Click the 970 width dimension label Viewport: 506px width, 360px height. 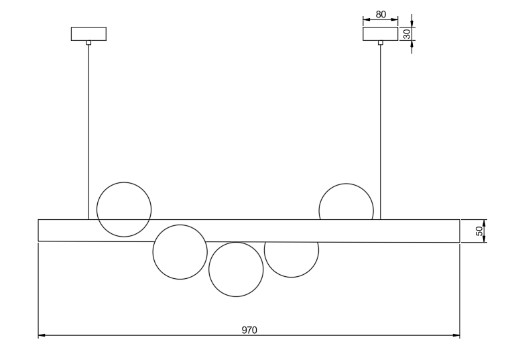click(249, 330)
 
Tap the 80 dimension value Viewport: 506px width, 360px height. click(381, 14)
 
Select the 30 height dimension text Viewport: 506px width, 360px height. click(406, 34)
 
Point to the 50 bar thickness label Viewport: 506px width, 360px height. click(479, 231)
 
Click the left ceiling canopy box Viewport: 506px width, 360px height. click(88, 34)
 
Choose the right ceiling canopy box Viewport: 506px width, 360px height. click(381, 34)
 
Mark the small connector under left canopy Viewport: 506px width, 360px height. click(88, 43)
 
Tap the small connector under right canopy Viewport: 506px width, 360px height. click(381, 43)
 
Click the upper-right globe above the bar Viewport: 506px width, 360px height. click(346, 202)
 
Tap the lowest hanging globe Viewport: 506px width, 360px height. click(236, 269)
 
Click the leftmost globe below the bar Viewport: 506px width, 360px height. click(180, 252)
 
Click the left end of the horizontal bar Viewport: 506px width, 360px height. click(40, 230)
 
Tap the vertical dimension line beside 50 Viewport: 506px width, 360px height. click(485, 231)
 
